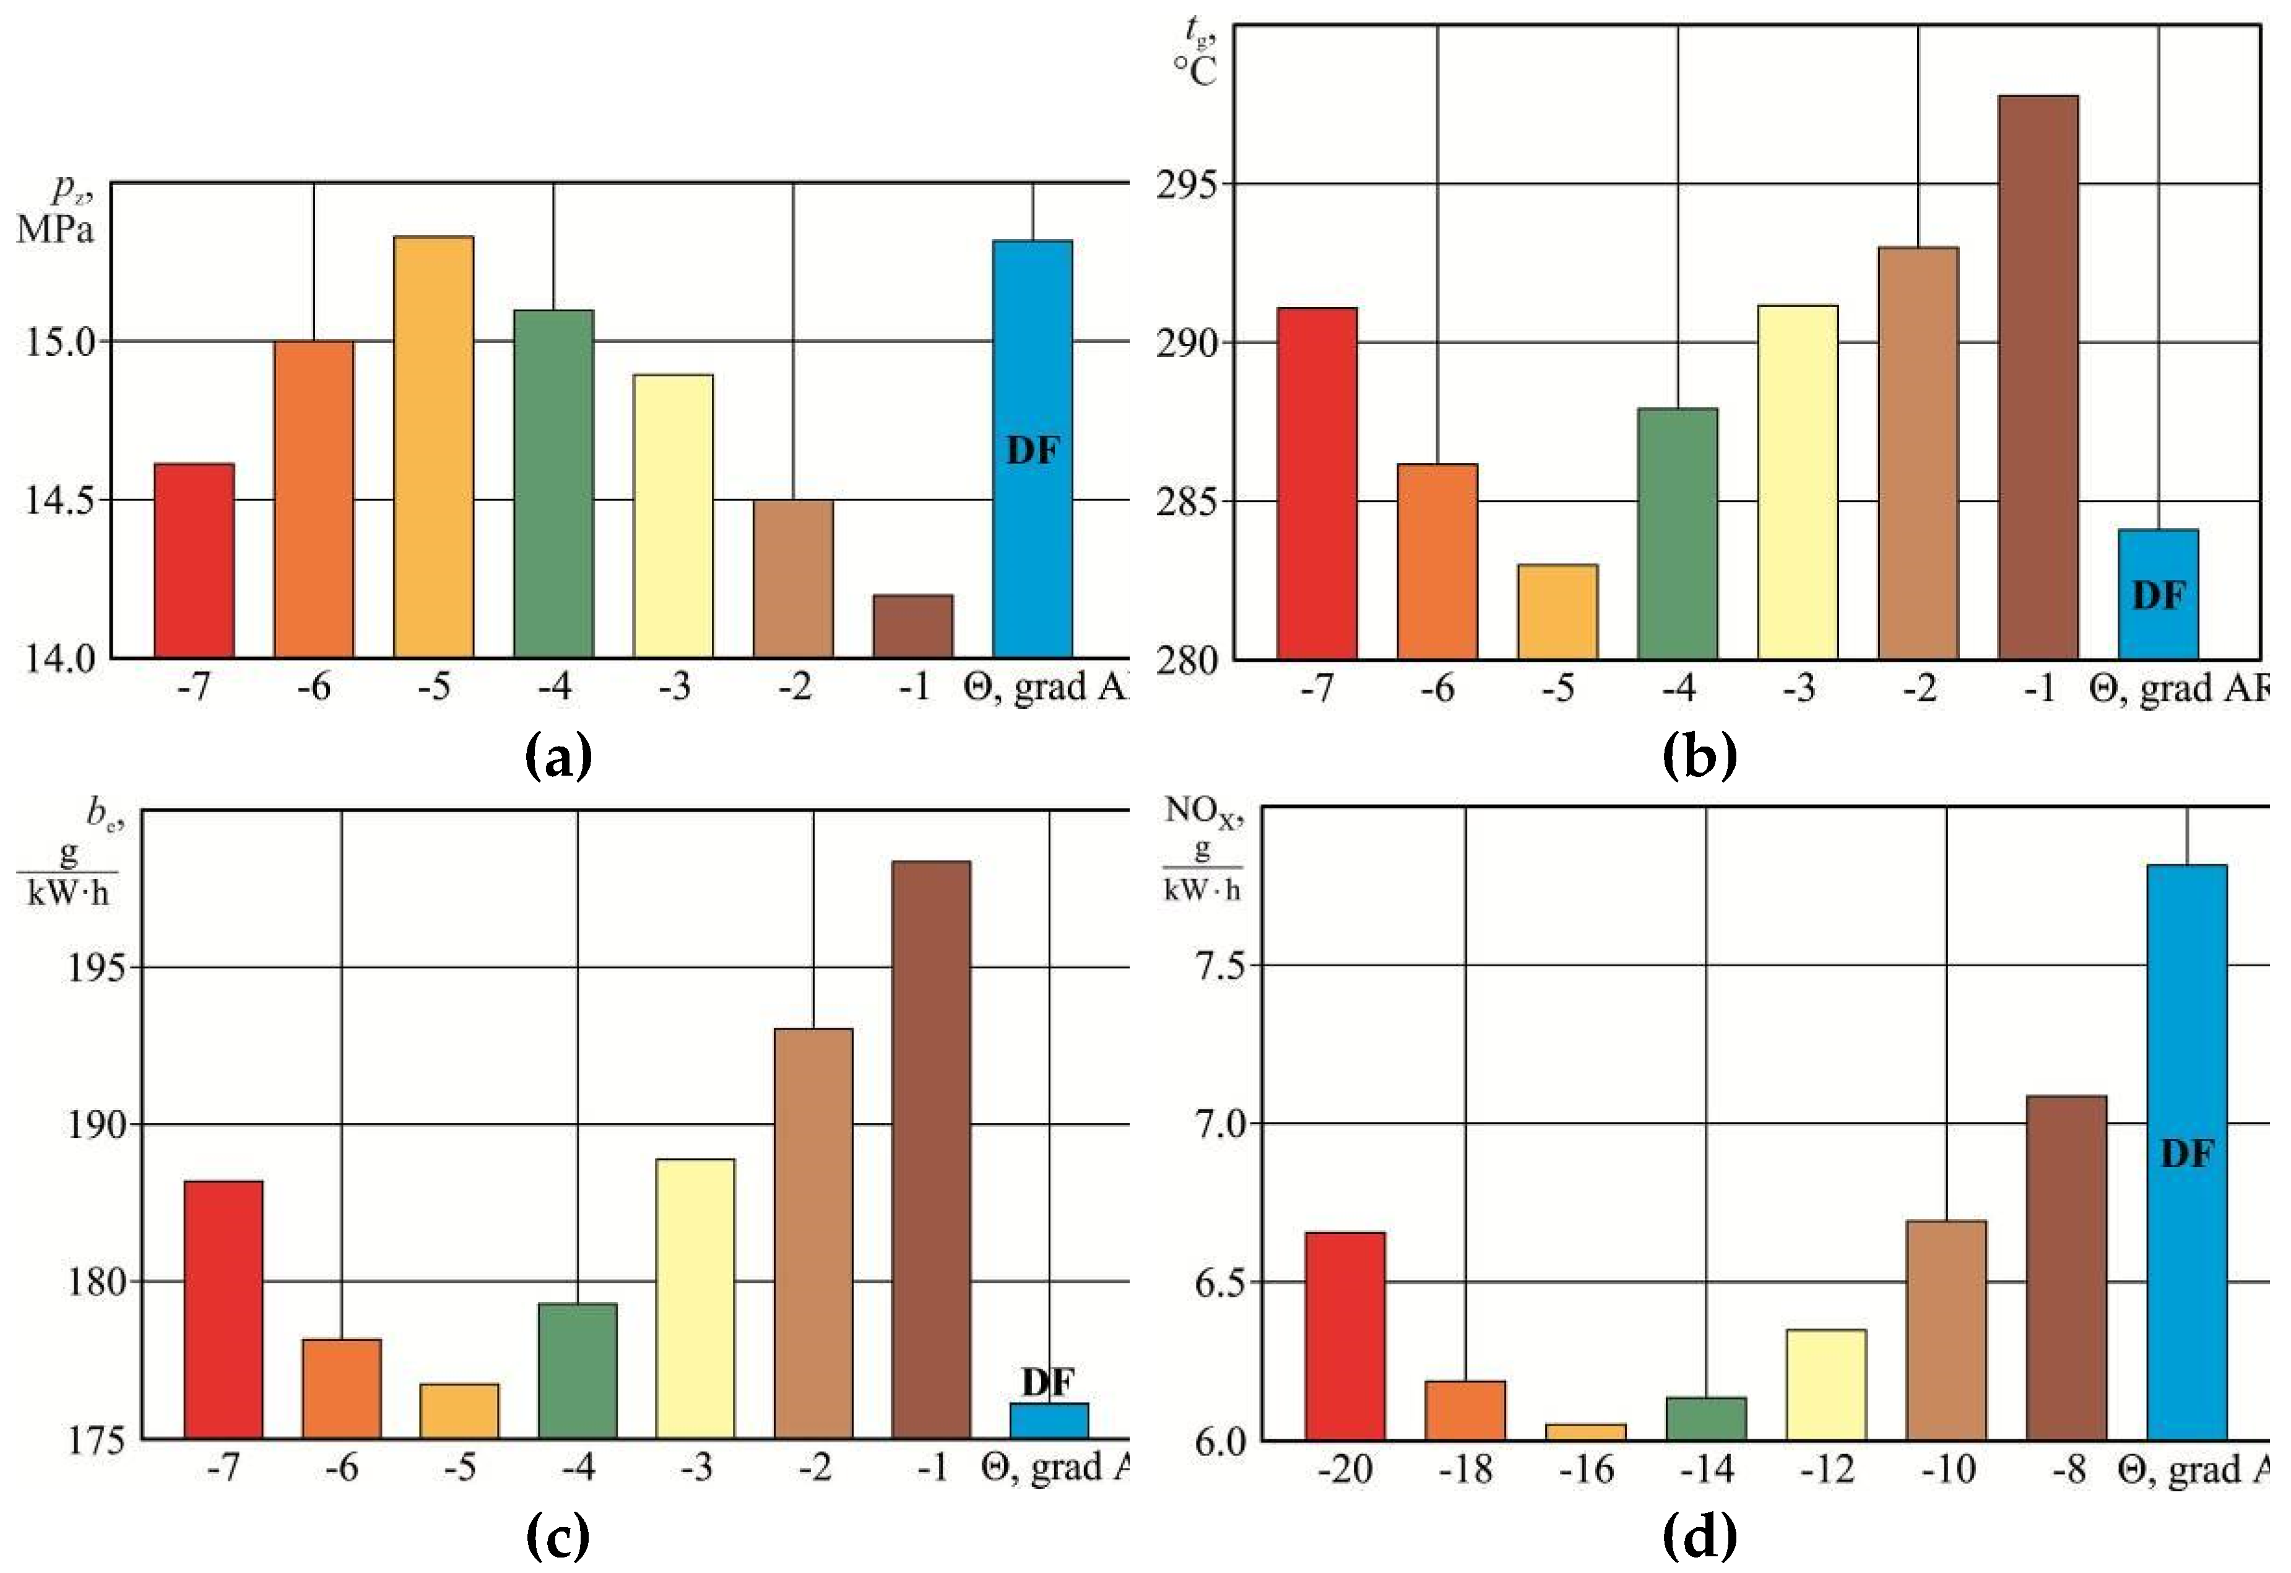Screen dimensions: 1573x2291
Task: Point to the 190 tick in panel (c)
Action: pos(97,1125)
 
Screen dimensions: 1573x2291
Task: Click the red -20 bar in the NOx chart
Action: pos(1345,1335)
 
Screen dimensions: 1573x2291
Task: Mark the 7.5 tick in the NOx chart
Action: pos(1208,966)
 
